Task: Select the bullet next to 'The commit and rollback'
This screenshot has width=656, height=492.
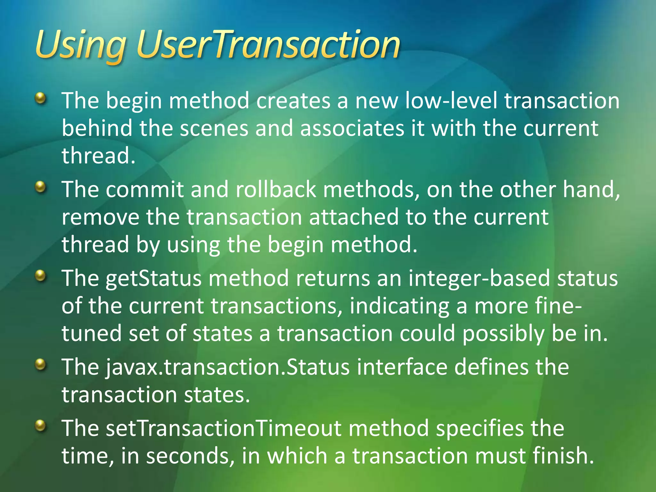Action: click(40, 187)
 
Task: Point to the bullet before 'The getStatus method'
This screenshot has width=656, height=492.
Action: click(40, 275)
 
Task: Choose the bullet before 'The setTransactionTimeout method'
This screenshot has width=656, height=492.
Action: click(40, 426)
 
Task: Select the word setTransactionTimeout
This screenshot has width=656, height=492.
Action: click(224, 428)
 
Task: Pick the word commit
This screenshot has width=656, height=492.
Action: click(145, 189)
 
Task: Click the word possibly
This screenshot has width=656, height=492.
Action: click(503, 334)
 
